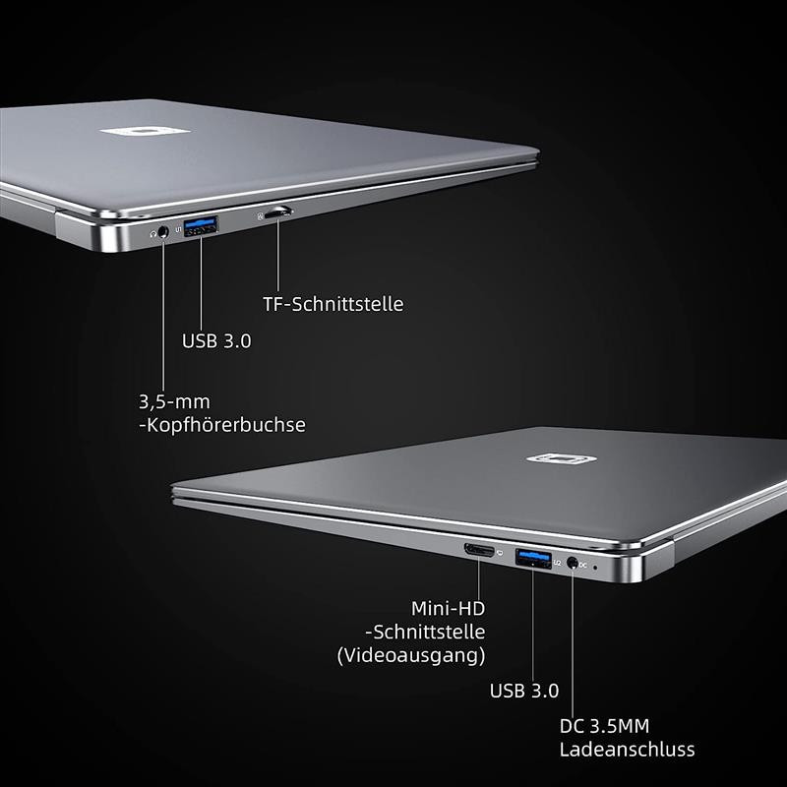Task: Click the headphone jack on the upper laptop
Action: pyautogui.click(x=163, y=233)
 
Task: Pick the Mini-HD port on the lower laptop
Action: pyautogui.click(x=480, y=550)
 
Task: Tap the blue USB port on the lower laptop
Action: pyautogui.click(x=532, y=559)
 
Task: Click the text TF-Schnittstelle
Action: pyautogui.click(x=333, y=304)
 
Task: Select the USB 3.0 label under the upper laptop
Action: pyautogui.click(x=216, y=341)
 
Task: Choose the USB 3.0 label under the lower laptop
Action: pyautogui.click(x=524, y=691)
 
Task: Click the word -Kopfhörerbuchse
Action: pyautogui.click(x=221, y=425)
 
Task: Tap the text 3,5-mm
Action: pyautogui.click(x=174, y=401)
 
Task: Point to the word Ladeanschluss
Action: pyautogui.click(x=627, y=750)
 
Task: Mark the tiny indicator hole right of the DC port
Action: pyautogui.click(x=595, y=568)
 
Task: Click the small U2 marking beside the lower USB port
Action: pyautogui.click(x=557, y=563)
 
